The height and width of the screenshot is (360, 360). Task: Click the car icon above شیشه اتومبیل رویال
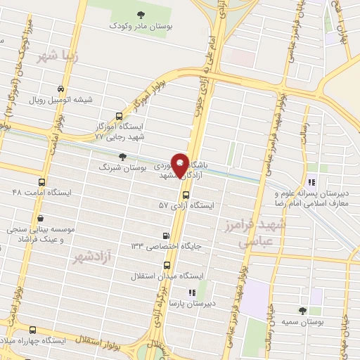pos(61,89)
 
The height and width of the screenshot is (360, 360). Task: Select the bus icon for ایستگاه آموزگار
pos(118,117)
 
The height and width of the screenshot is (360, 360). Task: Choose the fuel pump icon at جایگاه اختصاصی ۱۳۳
pos(165,235)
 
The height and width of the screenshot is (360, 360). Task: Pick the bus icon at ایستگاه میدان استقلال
pos(167,265)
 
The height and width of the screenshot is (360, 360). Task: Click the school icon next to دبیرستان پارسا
pos(190,292)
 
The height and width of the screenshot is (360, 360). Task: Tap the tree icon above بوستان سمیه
pos(302,310)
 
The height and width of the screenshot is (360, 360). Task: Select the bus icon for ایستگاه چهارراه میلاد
pos(33,329)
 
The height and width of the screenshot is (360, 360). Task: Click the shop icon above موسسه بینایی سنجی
pos(42,219)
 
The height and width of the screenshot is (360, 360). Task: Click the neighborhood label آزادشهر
pos(92,259)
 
